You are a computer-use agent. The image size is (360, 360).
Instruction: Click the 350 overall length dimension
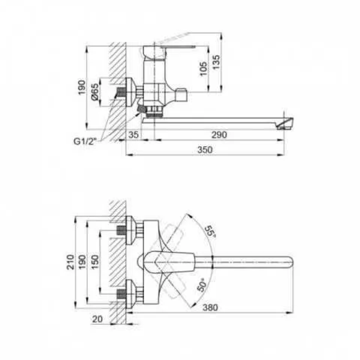click(205, 150)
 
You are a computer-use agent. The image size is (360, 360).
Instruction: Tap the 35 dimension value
click(133, 135)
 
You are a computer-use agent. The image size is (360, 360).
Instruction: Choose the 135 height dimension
click(217, 61)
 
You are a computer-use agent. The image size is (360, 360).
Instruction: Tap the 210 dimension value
click(71, 262)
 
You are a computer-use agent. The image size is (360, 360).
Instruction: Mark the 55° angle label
click(210, 232)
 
